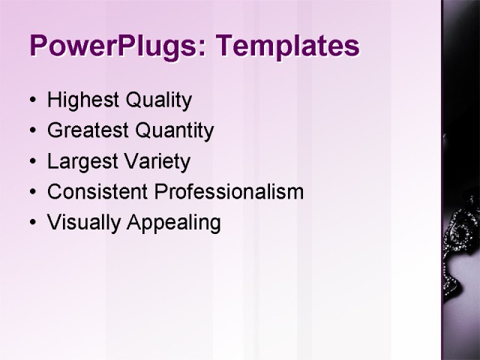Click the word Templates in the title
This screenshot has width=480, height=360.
[287, 46]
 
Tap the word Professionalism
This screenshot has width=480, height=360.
[229, 192]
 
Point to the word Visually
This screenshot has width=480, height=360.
[77, 223]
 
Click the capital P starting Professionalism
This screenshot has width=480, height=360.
[160, 192]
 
